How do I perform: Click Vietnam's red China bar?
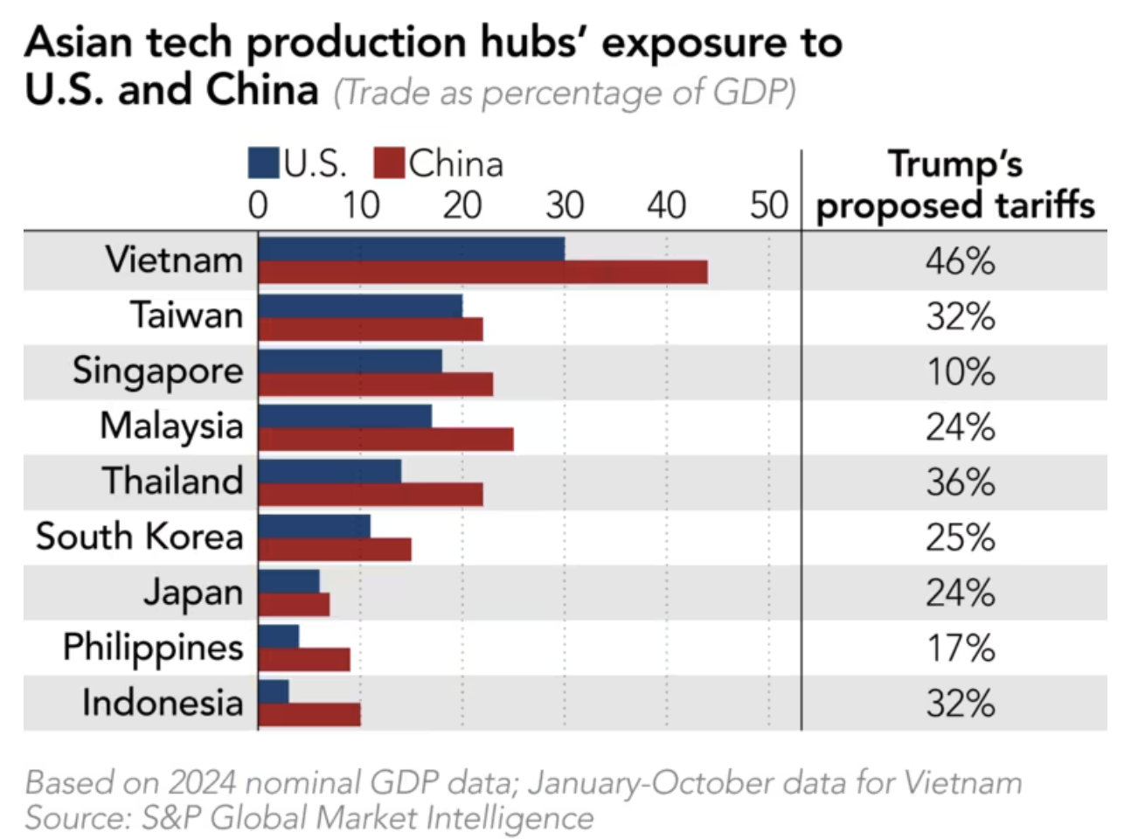(x=482, y=272)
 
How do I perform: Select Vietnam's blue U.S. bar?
(x=411, y=248)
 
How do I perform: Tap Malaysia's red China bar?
(x=385, y=438)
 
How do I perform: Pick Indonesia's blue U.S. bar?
(x=274, y=690)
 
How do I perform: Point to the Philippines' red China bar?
(x=304, y=659)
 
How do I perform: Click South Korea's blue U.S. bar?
(x=315, y=526)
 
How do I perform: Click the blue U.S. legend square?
(x=264, y=163)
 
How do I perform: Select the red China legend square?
(x=389, y=163)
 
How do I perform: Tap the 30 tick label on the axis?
(x=565, y=205)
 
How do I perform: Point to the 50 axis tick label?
(x=769, y=205)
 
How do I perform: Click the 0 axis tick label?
(x=258, y=205)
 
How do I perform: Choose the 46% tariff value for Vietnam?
(x=961, y=261)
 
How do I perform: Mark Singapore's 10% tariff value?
(x=961, y=372)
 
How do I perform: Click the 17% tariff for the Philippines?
(x=961, y=648)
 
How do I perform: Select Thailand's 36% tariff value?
(x=961, y=482)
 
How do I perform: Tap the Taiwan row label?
(x=186, y=315)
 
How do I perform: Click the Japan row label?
(x=193, y=593)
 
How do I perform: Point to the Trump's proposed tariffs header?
(x=954, y=185)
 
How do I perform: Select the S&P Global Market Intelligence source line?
(x=309, y=817)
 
